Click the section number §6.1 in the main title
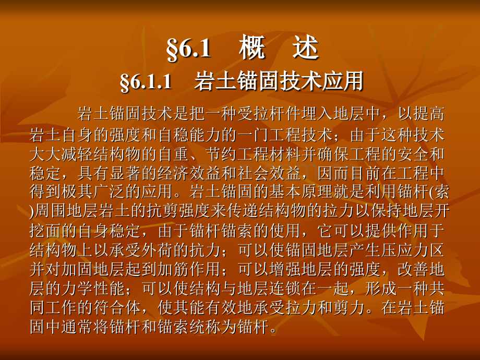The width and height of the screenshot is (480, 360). point(188,49)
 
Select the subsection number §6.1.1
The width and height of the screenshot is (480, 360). point(146,82)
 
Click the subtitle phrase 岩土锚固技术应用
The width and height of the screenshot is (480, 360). point(279,82)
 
